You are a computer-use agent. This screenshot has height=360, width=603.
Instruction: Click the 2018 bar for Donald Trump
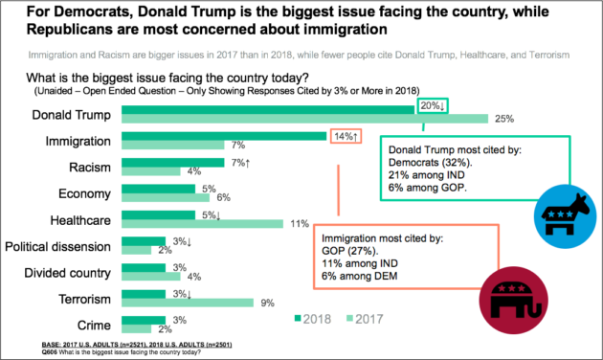tap(268, 110)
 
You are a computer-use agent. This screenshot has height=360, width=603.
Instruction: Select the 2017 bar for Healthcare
tap(202, 224)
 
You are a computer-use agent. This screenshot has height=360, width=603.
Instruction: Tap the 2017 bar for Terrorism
tap(188, 303)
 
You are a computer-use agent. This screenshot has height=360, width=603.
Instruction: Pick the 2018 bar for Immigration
tap(224, 136)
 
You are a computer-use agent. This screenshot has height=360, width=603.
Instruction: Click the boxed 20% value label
tap(433, 105)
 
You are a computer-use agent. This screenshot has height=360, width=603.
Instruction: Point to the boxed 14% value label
tap(346, 136)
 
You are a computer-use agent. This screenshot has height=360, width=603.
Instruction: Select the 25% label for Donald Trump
tap(504, 119)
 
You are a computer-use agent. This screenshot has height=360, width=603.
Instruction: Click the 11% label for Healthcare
tap(300, 224)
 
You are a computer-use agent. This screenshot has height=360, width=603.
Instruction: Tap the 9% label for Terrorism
tap(268, 304)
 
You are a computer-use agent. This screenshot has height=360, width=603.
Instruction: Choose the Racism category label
tap(90, 168)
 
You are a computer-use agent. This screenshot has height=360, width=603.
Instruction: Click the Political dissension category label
tap(57, 246)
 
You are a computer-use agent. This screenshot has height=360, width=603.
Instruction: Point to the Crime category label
tap(94, 326)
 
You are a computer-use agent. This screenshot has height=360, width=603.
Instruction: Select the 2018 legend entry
tap(313, 319)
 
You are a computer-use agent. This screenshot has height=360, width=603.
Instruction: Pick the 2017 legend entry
tap(365, 319)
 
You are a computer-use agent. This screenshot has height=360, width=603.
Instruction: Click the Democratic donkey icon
tap(565, 215)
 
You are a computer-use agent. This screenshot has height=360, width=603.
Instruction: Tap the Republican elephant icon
tap(513, 301)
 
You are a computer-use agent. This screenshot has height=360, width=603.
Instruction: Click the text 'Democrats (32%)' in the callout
tap(431, 163)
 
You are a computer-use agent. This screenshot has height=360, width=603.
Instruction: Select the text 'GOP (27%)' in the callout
tap(350, 251)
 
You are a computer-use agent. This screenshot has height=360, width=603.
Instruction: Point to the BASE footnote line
tap(137, 345)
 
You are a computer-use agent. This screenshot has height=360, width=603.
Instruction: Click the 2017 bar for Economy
tap(166, 197)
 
